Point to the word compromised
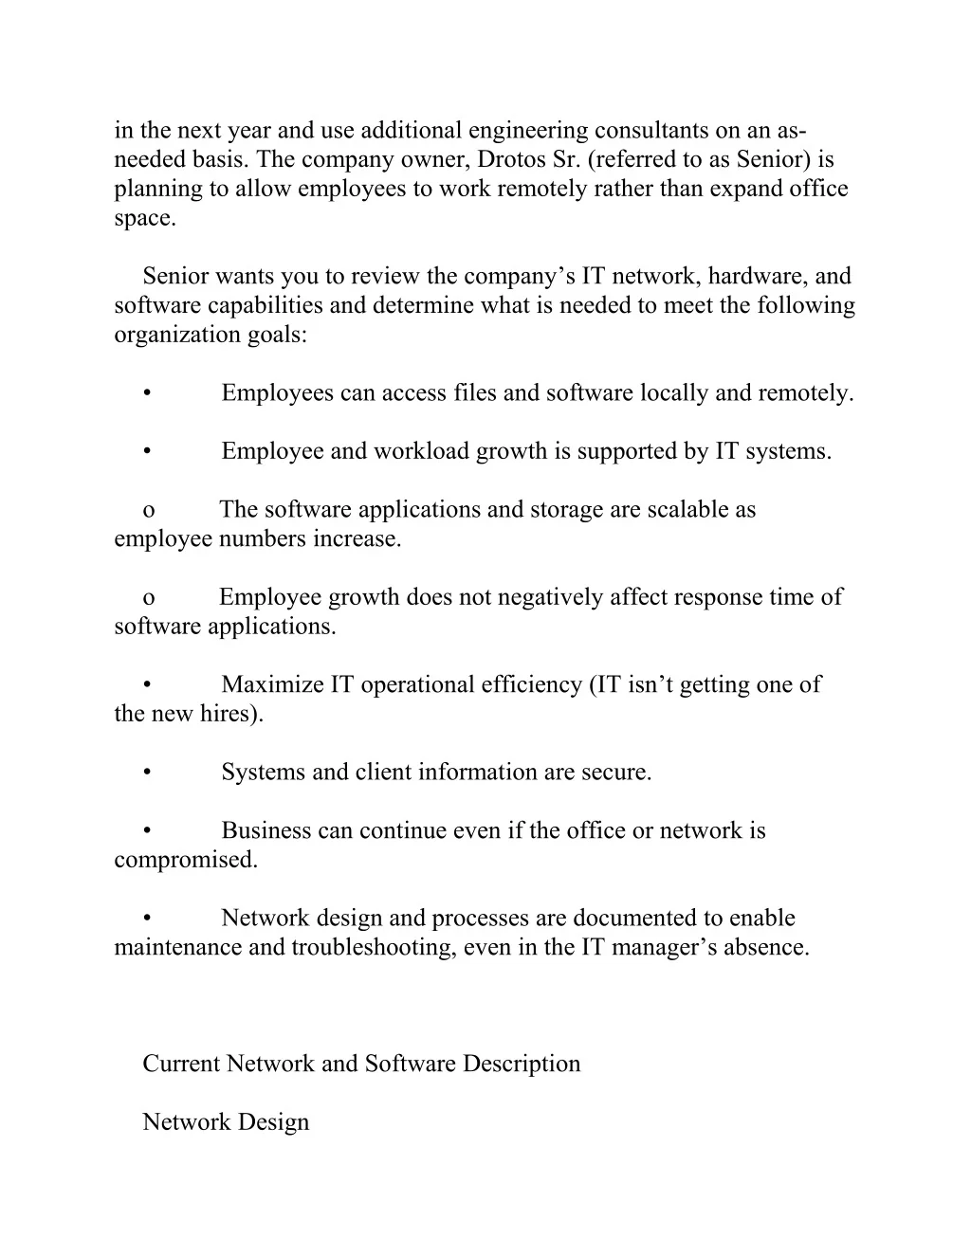click(185, 860)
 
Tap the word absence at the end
click(766, 947)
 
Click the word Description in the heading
click(522, 1064)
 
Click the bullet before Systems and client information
click(149, 773)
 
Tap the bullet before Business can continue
click(149, 831)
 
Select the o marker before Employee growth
click(149, 598)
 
